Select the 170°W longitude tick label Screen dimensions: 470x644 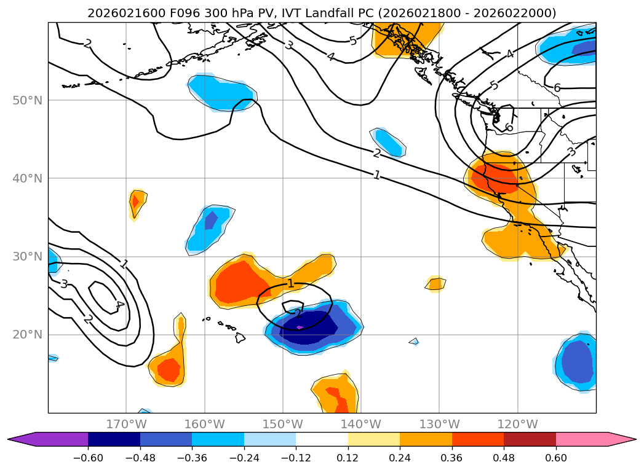click(126, 424)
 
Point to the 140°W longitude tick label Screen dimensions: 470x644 click(361, 424)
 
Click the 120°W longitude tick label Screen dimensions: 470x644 click(517, 424)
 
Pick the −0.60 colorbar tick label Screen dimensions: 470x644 click(87, 458)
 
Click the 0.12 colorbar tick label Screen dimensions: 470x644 click(348, 458)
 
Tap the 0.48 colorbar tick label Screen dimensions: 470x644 click(504, 458)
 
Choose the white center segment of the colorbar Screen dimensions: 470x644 click(322, 439)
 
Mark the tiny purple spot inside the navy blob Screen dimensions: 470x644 click(300, 327)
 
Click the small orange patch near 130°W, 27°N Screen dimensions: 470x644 click(436, 284)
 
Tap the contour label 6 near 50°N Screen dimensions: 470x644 click(557, 88)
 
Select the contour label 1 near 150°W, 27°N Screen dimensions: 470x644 click(290, 283)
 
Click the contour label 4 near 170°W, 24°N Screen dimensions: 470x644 click(119, 304)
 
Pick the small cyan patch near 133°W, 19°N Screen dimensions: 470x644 click(414, 341)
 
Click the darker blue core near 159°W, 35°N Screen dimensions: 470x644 click(211, 219)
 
